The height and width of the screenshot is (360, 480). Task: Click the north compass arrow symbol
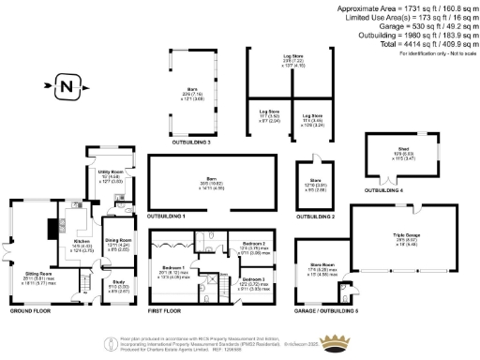[65, 87]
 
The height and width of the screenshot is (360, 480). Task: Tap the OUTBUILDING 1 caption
[170, 217]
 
